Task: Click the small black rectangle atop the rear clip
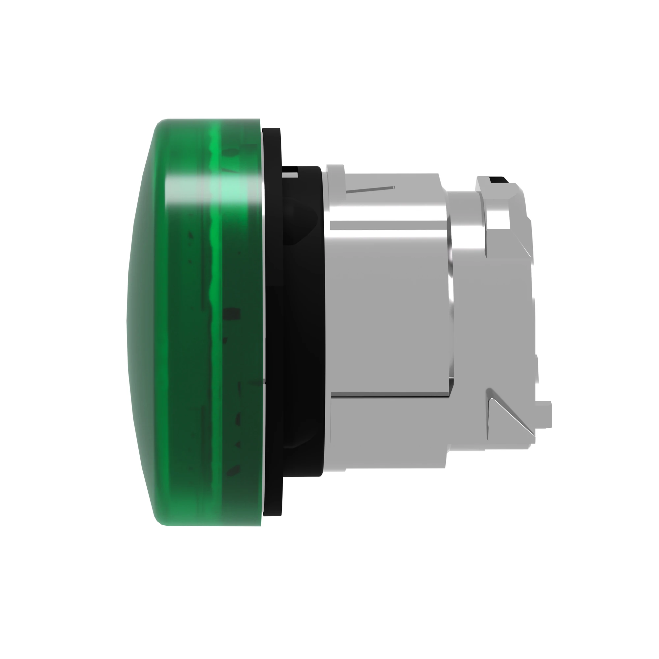(x=493, y=180)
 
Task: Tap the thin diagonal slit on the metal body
(x=370, y=189)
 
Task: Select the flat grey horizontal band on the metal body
(x=388, y=225)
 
